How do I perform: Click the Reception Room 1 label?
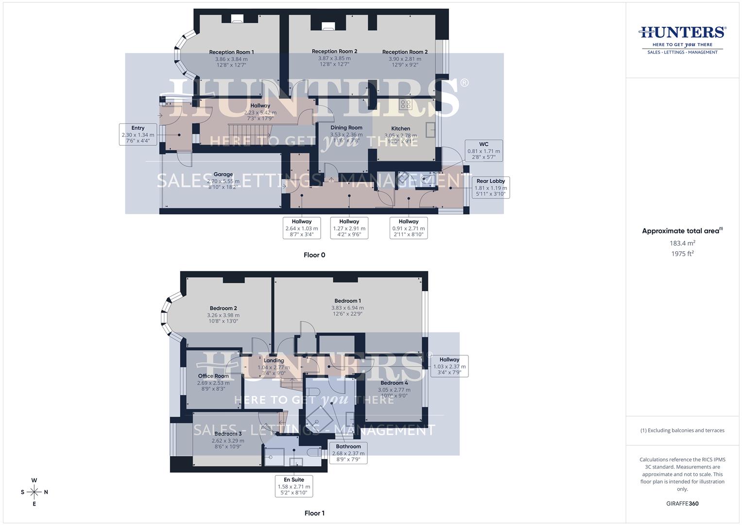coord(231,52)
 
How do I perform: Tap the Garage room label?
coord(223,175)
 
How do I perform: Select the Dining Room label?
coord(346,128)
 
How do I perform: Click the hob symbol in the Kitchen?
coord(405,105)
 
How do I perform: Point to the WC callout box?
coord(483,151)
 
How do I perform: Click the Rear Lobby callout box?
coord(490,187)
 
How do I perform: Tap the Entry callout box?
coord(138,135)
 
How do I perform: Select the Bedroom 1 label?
coord(347,301)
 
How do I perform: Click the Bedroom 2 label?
coord(224,308)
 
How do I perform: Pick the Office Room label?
coord(213,376)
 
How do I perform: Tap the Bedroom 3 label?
coord(228,434)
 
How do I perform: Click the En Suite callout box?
coord(294,486)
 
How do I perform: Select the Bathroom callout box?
coord(348,453)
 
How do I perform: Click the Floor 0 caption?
coord(314,255)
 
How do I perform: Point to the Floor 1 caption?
coord(314,513)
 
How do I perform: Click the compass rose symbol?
coord(34,492)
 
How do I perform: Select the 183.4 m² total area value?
coord(682,243)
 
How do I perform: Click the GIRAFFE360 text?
coord(682,504)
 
